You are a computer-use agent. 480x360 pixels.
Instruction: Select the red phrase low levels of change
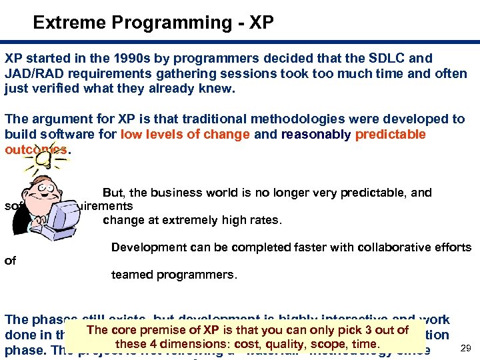click(x=185, y=134)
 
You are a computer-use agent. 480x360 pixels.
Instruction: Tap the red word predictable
click(x=391, y=134)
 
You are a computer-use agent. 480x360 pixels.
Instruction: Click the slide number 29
click(x=465, y=348)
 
